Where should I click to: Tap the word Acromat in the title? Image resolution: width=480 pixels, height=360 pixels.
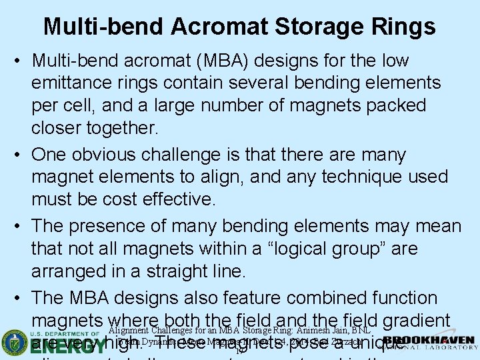click(x=218, y=27)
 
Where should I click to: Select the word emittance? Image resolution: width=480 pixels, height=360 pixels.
click(x=73, y=83)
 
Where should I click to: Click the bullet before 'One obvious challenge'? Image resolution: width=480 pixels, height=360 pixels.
click(x=18, y=155)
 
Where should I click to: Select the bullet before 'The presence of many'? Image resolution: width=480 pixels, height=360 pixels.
click(x=18, y=226)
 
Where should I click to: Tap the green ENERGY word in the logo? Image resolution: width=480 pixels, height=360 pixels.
click(x=64, y=347)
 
